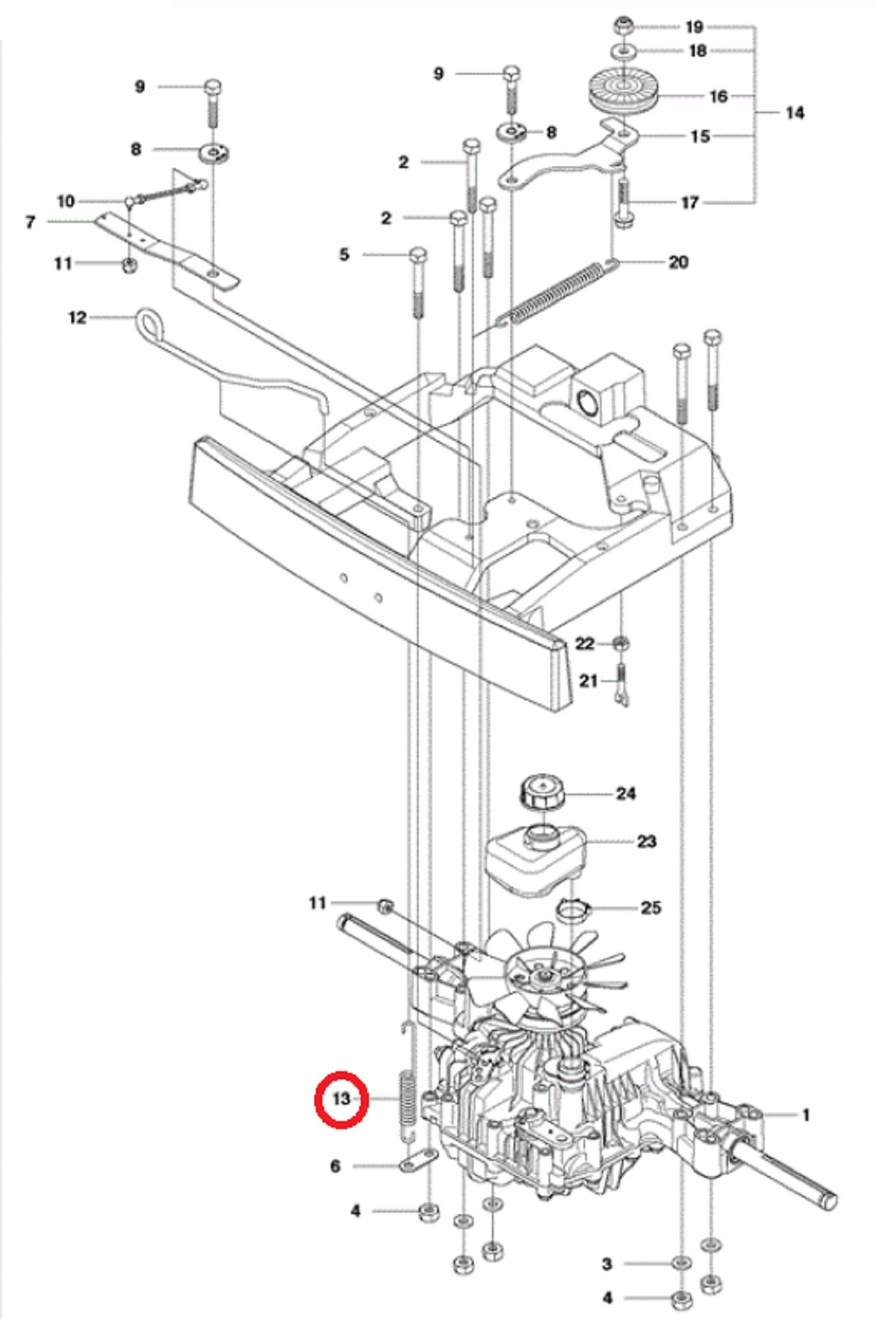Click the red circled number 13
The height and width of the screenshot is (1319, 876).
[x=341, y=1099]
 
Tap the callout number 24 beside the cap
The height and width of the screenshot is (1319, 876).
[x=625, y=793]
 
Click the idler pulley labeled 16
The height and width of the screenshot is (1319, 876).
[x=622, y=94]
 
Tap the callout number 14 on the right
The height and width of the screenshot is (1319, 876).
[x=795, y=113]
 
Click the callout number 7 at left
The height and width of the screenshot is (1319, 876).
[x=30, y=222]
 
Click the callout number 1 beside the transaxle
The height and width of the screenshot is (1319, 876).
[x=805, y=1115]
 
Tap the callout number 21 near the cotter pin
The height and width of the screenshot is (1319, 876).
[x=588, y=681]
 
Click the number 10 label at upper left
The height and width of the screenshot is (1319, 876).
[x=66, y=201]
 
